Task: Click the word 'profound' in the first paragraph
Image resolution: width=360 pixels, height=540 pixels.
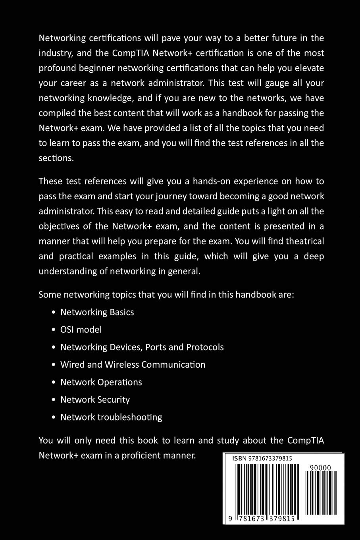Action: point(56,68)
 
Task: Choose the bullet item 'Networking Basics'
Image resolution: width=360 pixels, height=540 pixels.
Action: point(97,312)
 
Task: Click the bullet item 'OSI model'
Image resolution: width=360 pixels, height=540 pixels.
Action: point(81,330)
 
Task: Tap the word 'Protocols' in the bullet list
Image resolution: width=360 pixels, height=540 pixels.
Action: point(205,347)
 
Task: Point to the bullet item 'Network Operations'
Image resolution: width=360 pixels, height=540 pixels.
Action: point(101,382)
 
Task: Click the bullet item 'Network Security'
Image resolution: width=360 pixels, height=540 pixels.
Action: point(95,399)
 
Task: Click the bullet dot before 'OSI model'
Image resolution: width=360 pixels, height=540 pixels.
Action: point(54,330)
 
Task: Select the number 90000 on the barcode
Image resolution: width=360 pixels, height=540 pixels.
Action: point(320,468)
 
